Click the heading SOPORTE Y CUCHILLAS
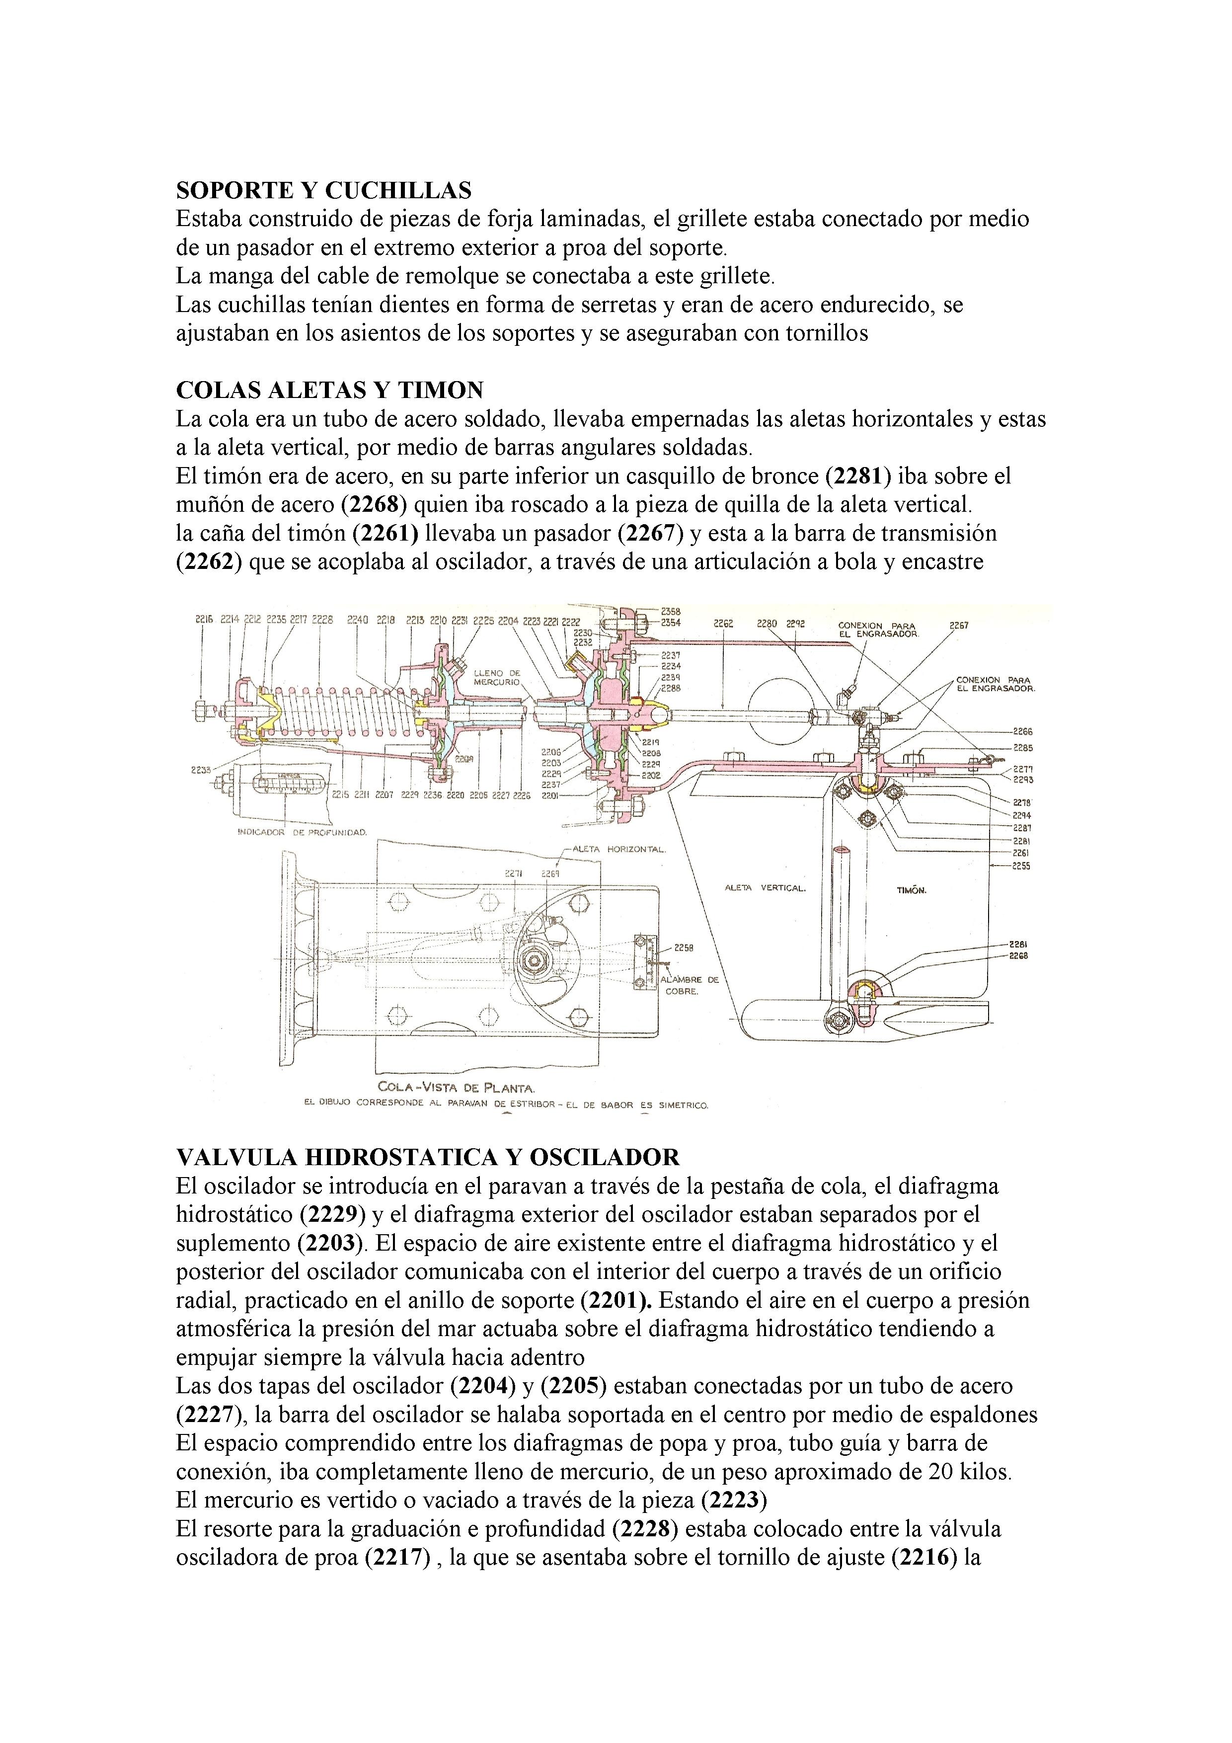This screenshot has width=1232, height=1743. pos(323,190)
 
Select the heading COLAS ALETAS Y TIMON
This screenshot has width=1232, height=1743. pos(329,390)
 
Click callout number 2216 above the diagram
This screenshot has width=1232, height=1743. pos(204,620)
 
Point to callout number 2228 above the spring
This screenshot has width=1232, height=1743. pos(322,620)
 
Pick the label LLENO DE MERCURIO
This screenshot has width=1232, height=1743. pos(497,677)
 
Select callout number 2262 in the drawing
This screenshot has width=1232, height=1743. pos(723,624)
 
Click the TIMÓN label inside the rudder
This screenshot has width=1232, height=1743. pos(911,890)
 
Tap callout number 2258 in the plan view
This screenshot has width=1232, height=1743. pos(683,948)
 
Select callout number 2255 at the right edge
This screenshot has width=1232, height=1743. pos(1021,866)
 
